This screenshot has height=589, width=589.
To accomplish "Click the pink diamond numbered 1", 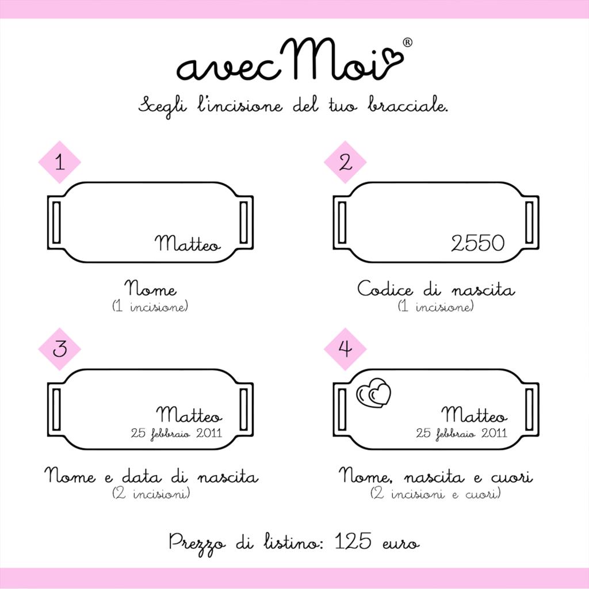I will coord(59,162).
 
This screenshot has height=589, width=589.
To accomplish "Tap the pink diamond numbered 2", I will coord(345,162).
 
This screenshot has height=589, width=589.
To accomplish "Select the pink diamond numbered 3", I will coord(59,349).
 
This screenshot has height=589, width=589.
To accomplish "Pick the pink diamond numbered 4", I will coord(345,349).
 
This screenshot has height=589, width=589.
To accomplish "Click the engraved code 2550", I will coord(477,243).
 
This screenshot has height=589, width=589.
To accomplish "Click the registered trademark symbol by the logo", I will coord(407,43).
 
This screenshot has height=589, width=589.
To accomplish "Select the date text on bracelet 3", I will coord(176,433).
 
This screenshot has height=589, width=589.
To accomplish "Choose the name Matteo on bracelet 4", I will coord(475,415).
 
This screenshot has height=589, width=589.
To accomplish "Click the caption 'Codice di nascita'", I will coord(436,289).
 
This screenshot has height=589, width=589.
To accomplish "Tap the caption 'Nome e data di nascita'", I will coord(151,476).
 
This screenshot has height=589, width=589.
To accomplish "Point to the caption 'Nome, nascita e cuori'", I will coord(435,476).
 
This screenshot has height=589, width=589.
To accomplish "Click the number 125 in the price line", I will coord(353,542).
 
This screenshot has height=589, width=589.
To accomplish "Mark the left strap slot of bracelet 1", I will coord(56,223).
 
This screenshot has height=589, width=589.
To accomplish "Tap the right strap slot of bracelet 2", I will coord(530,223).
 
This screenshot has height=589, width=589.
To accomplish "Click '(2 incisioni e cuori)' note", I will coord(435,494).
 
